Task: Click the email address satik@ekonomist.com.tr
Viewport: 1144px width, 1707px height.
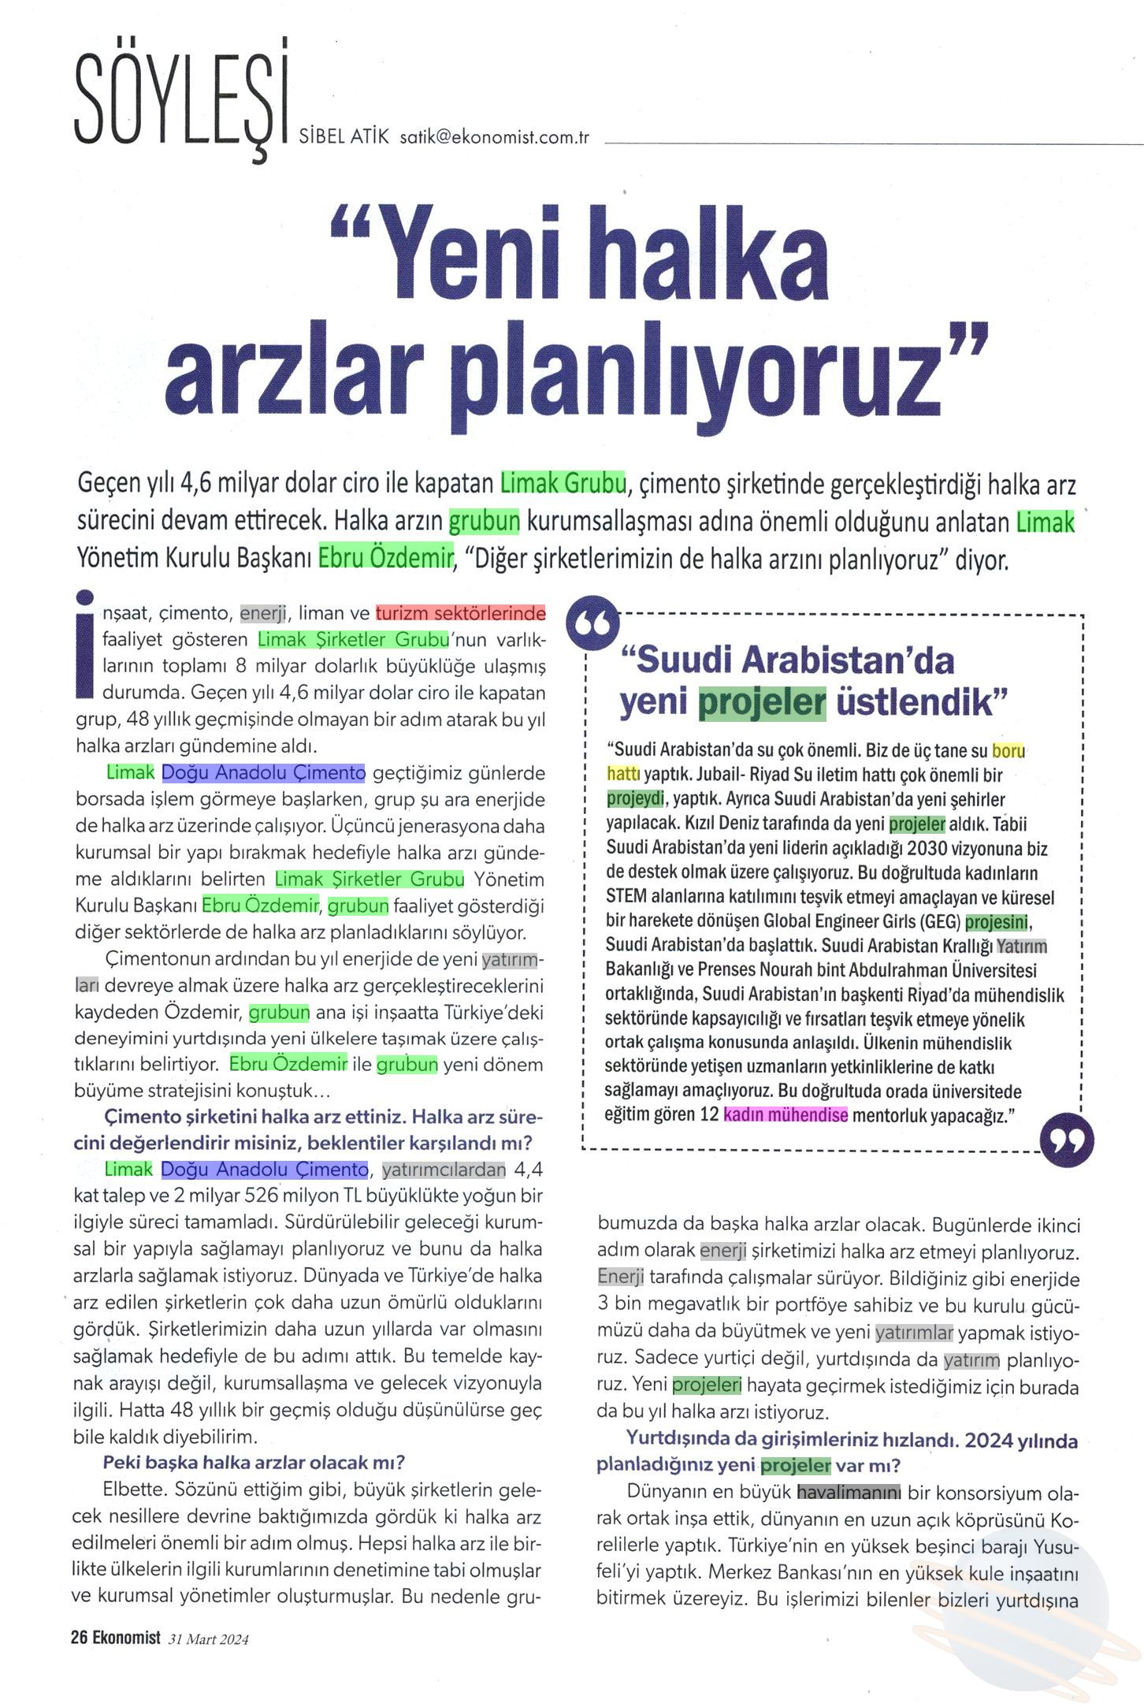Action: tap(495, 137)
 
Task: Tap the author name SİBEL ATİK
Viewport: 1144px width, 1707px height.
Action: tap(344, 136)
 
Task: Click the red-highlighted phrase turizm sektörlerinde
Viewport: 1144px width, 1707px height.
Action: tap(460, 613)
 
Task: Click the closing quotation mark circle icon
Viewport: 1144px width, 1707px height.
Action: tap(1067, 1139)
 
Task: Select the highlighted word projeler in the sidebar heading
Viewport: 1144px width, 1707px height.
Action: tap(762, 701)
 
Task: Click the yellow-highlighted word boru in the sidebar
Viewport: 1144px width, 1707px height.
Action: tap(1008, 750)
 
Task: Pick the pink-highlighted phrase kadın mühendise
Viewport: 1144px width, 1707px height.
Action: tap(786, 1115)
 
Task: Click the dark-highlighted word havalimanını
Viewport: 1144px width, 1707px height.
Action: tap(849, 1493)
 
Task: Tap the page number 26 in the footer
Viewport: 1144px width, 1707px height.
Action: tap(79, 1638)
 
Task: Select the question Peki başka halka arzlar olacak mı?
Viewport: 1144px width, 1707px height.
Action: tap(254, 1463)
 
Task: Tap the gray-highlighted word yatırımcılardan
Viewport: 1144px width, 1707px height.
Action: tap(444, 1170)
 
